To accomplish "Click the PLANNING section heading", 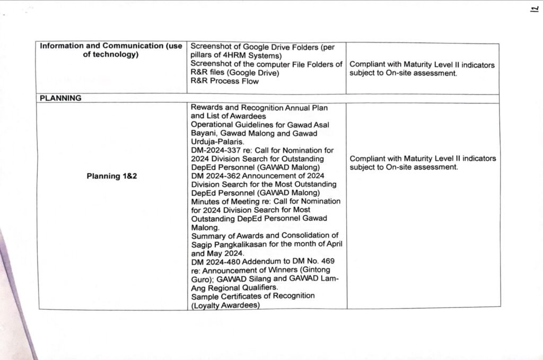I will [60, 98].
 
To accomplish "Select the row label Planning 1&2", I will [112, 176].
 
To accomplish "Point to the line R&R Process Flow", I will [224, 81].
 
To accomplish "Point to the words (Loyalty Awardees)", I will [225, 305].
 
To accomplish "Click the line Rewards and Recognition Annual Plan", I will [259, 108].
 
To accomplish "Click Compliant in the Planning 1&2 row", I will [367, 159].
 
